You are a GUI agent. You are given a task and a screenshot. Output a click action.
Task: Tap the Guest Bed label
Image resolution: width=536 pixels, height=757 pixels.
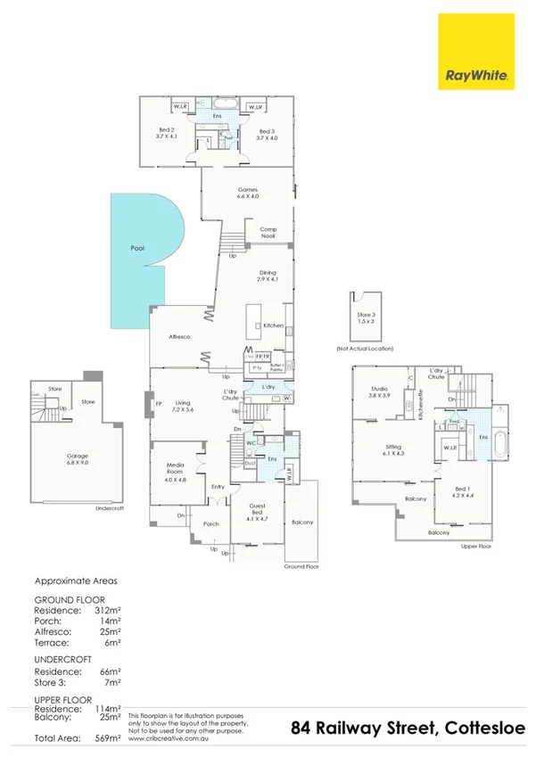point(256,512)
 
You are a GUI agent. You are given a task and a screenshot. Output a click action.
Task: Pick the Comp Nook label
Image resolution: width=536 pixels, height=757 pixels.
point(268,233)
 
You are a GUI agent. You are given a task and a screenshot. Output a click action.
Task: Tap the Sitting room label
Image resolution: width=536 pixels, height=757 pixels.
point(393,450)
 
